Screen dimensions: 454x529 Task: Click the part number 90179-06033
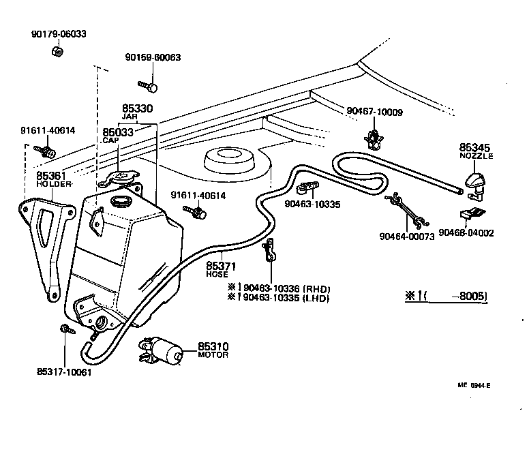pyautogui.click(x=59, y=33)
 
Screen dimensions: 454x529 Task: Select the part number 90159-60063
pyautogui.click(x=153, y=58)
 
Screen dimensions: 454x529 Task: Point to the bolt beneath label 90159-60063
pyautogui.click(x=149, y=87)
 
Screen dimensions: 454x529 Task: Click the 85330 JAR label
pyautogui.click(x=137, y=112)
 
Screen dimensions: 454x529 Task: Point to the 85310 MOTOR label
pyautogui.click(x=213, y=350)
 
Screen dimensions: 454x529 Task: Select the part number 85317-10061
pyautogui.click(x=63, y=372)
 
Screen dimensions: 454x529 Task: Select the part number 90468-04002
pyautogui.click(x=466, y=232)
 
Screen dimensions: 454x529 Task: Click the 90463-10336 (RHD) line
pyautogui.click(x=278, y=288)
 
